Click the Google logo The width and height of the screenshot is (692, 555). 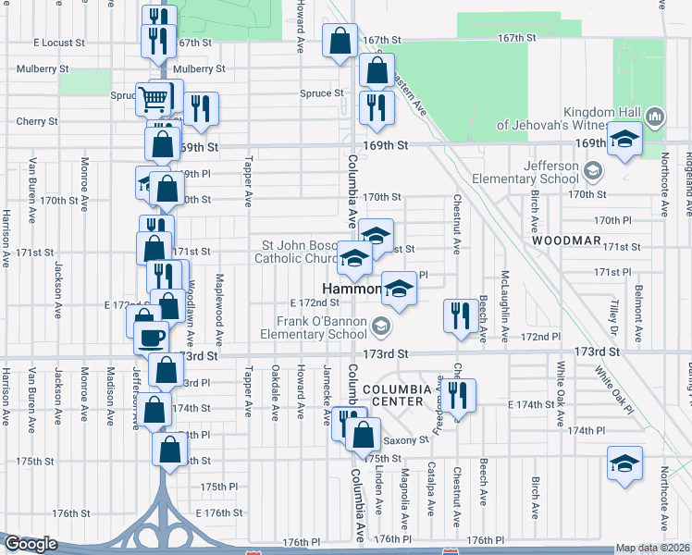point(31,544)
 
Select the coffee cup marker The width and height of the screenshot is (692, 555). point(151,337)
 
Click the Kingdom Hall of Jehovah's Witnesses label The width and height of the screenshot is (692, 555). point(566,117)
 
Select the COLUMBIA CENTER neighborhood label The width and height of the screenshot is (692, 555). point(397,395)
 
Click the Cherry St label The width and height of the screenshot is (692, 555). point(36,121)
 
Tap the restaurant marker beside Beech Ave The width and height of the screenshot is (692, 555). point(458,315)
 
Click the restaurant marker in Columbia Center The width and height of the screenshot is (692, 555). point(458,395)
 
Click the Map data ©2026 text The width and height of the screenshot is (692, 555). point(653,548)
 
